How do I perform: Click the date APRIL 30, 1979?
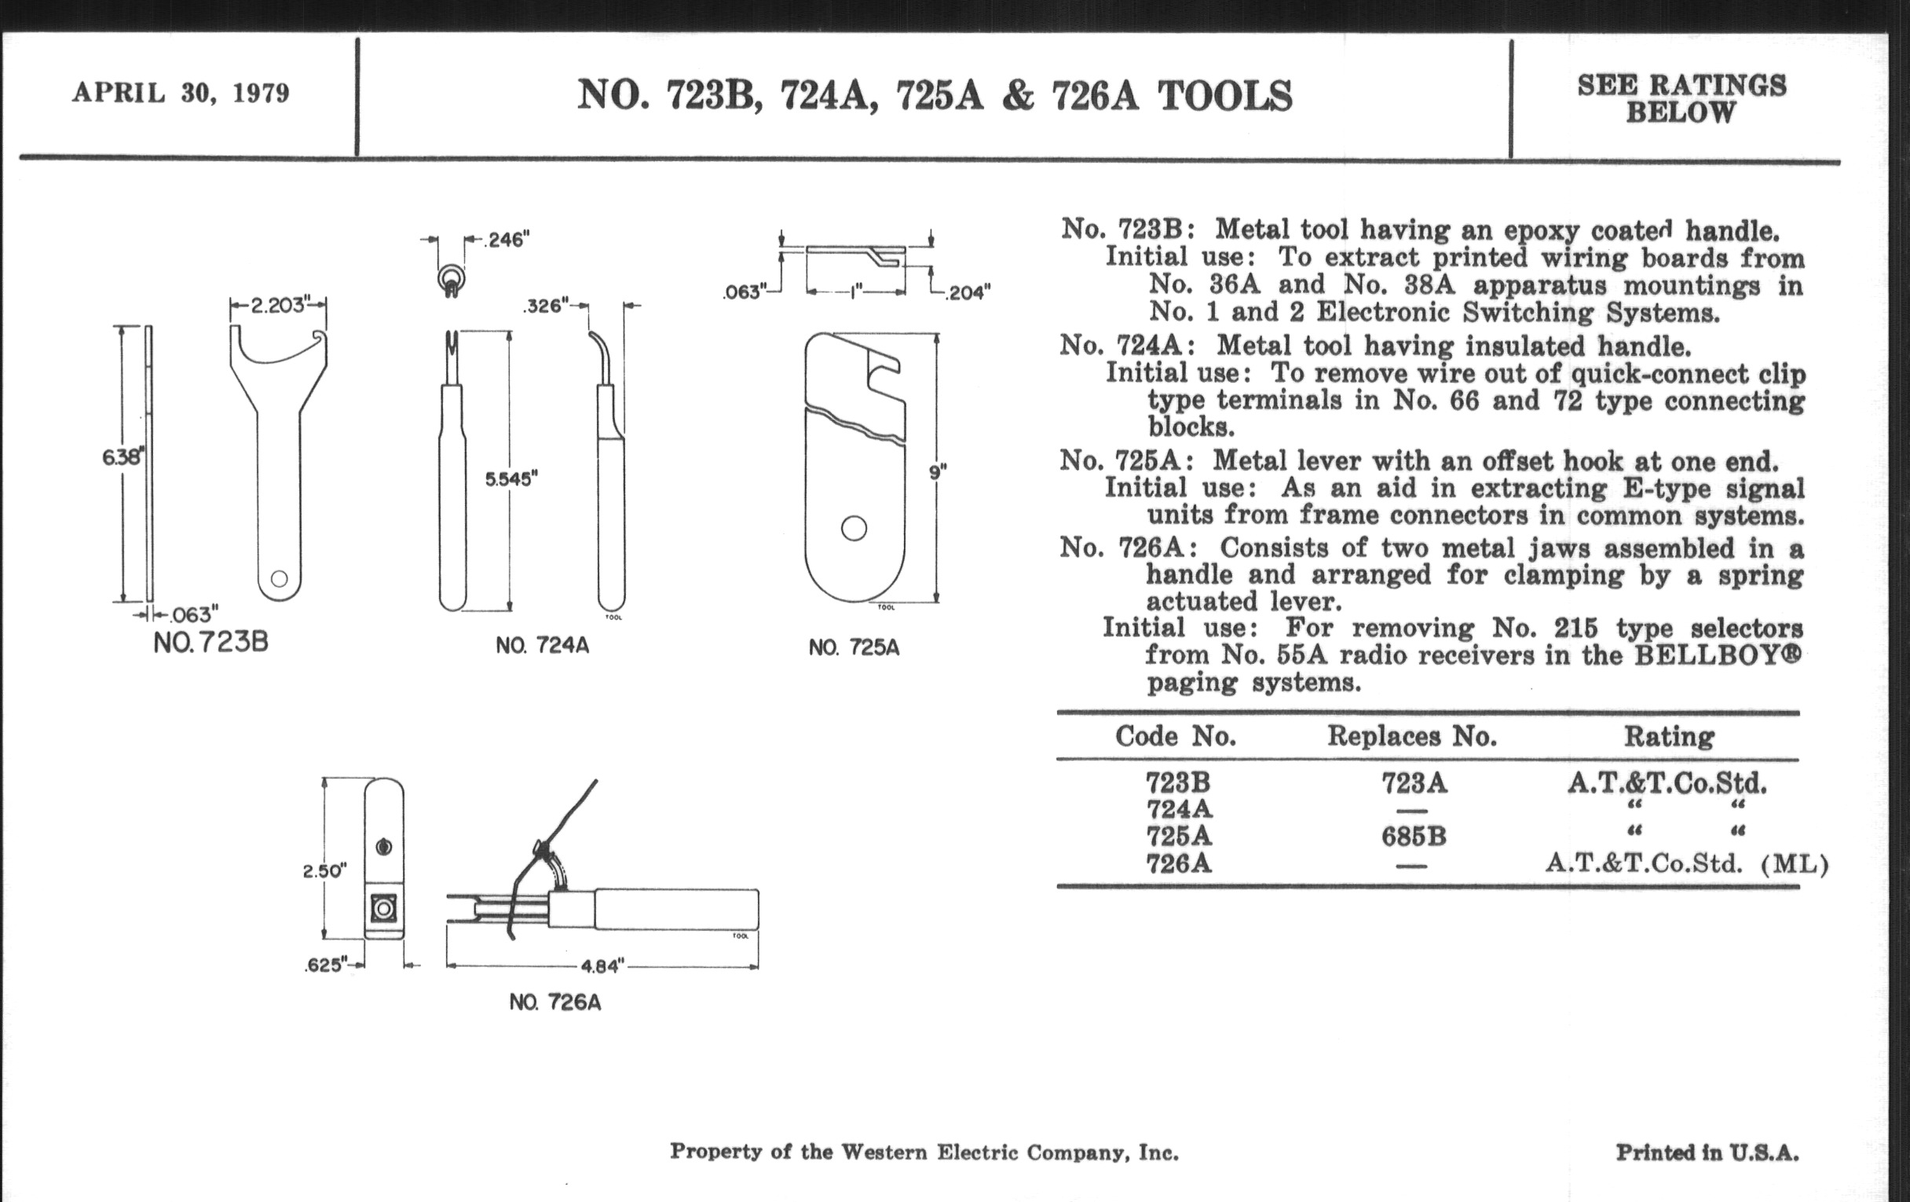(181, 93)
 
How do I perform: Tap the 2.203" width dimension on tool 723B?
(277, 305)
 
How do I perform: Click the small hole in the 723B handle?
(278, 577)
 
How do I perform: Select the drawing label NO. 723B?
(211, 642)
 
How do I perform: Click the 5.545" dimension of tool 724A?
(511, 479)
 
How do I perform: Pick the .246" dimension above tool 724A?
(505, 240)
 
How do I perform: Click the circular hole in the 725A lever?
(854, 529)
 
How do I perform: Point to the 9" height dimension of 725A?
(938, 473)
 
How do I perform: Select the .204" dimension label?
(966, 293)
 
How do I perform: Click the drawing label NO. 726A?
(555, 1003)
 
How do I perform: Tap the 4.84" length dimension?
(603, 966)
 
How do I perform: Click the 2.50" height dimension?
(324, 871)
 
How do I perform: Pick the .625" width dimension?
(326, 966)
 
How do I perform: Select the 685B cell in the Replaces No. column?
(1414, 836)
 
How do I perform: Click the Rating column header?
(1669, 737)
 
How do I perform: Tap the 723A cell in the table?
(1414, 784)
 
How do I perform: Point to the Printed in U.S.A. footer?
(1707, 1153)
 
